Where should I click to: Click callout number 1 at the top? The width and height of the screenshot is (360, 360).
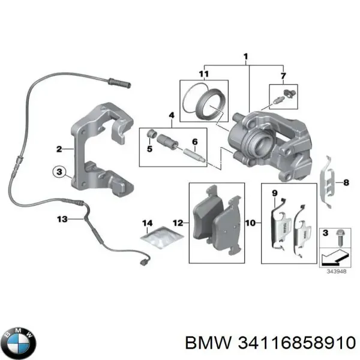pos(246,58)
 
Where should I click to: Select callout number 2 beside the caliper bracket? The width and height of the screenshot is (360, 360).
pos(59,149)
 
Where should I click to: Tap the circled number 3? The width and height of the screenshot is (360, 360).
pos(59,172)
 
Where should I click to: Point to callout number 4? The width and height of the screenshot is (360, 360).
pos(171,115)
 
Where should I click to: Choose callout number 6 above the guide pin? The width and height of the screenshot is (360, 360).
pos(195,142)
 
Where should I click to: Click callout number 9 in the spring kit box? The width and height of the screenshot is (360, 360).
pos(274,193)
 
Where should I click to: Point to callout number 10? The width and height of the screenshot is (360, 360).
pos(251,223)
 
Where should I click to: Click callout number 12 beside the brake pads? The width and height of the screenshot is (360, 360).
pos(178,223)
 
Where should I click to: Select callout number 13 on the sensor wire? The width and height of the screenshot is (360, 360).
pos(63,220)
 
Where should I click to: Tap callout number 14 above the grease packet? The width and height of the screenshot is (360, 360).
pos(148,224)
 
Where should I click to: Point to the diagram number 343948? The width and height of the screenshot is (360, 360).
pos(337,271)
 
